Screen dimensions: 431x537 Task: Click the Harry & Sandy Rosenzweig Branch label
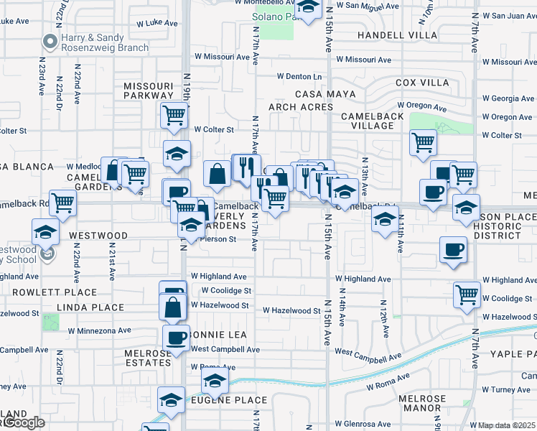tap(104, 43)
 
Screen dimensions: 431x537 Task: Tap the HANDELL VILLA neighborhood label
tap(397, 34)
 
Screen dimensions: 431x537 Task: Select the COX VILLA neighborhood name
tap(422, 83)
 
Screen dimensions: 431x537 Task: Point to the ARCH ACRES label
tap(301, 107)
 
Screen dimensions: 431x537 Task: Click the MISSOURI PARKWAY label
tap(148, 90)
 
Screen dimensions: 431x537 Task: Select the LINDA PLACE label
tap(93, 307)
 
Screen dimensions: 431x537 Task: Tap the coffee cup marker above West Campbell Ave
tap(176, 337)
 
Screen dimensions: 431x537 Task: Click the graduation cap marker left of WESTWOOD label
tap(45, 232)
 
